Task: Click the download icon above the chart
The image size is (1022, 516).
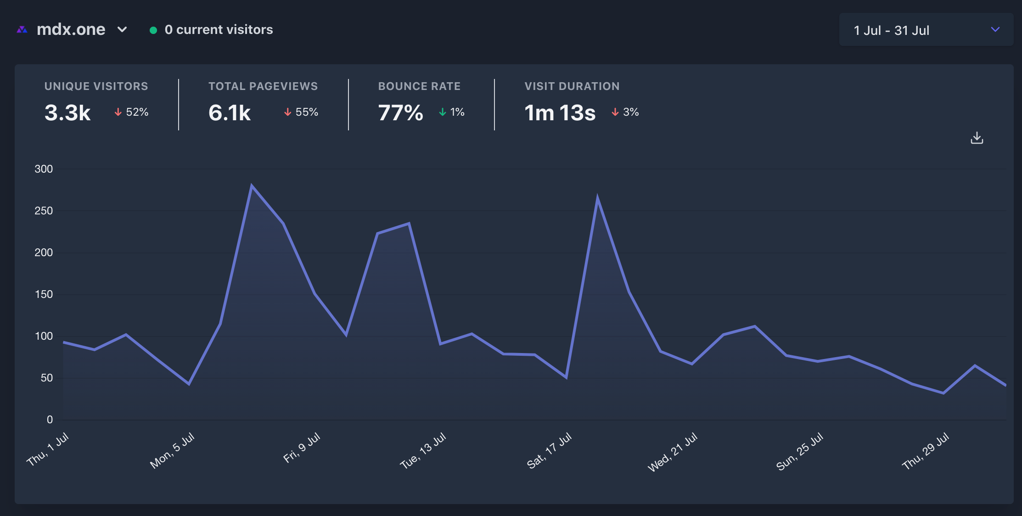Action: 977,138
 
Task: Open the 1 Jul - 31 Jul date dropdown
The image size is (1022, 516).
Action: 926,30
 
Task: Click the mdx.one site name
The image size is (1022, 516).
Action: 71,29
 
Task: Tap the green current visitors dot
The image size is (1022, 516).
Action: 153,30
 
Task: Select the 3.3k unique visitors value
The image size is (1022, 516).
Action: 67,112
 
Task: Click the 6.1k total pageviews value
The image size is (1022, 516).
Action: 230,112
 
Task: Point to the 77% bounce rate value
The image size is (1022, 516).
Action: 400,112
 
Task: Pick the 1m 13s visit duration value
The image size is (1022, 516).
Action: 560,112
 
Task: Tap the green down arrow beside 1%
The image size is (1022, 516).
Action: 443,112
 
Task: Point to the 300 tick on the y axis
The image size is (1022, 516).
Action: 44,169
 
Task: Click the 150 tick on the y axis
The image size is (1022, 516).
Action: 44,294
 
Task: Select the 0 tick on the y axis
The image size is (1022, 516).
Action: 50,420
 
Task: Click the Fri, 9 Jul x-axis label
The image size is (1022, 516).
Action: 302,448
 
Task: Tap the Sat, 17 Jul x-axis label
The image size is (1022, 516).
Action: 549,451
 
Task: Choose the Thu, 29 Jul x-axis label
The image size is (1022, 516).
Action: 926,451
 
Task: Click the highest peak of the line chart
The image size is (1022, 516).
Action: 252,185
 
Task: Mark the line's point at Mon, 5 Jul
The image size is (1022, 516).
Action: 189,384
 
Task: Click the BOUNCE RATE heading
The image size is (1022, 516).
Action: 419,86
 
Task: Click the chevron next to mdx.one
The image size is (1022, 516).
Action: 122,29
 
